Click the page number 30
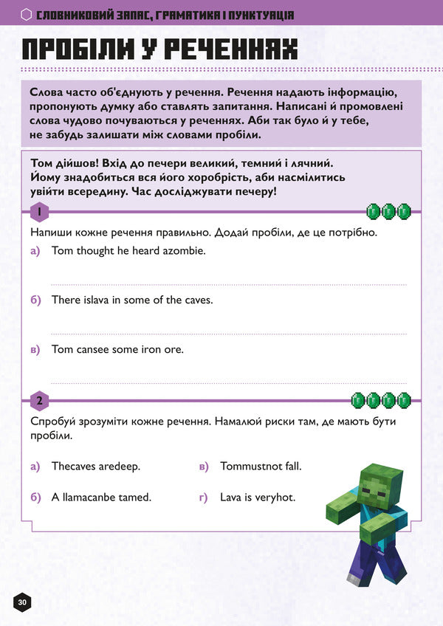(22, 602)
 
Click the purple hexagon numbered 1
(39, 213)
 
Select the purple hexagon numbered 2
(39, 402)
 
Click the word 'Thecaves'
(75, 467)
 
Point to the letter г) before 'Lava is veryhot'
(204, 498)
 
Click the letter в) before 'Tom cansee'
(35, 349)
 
